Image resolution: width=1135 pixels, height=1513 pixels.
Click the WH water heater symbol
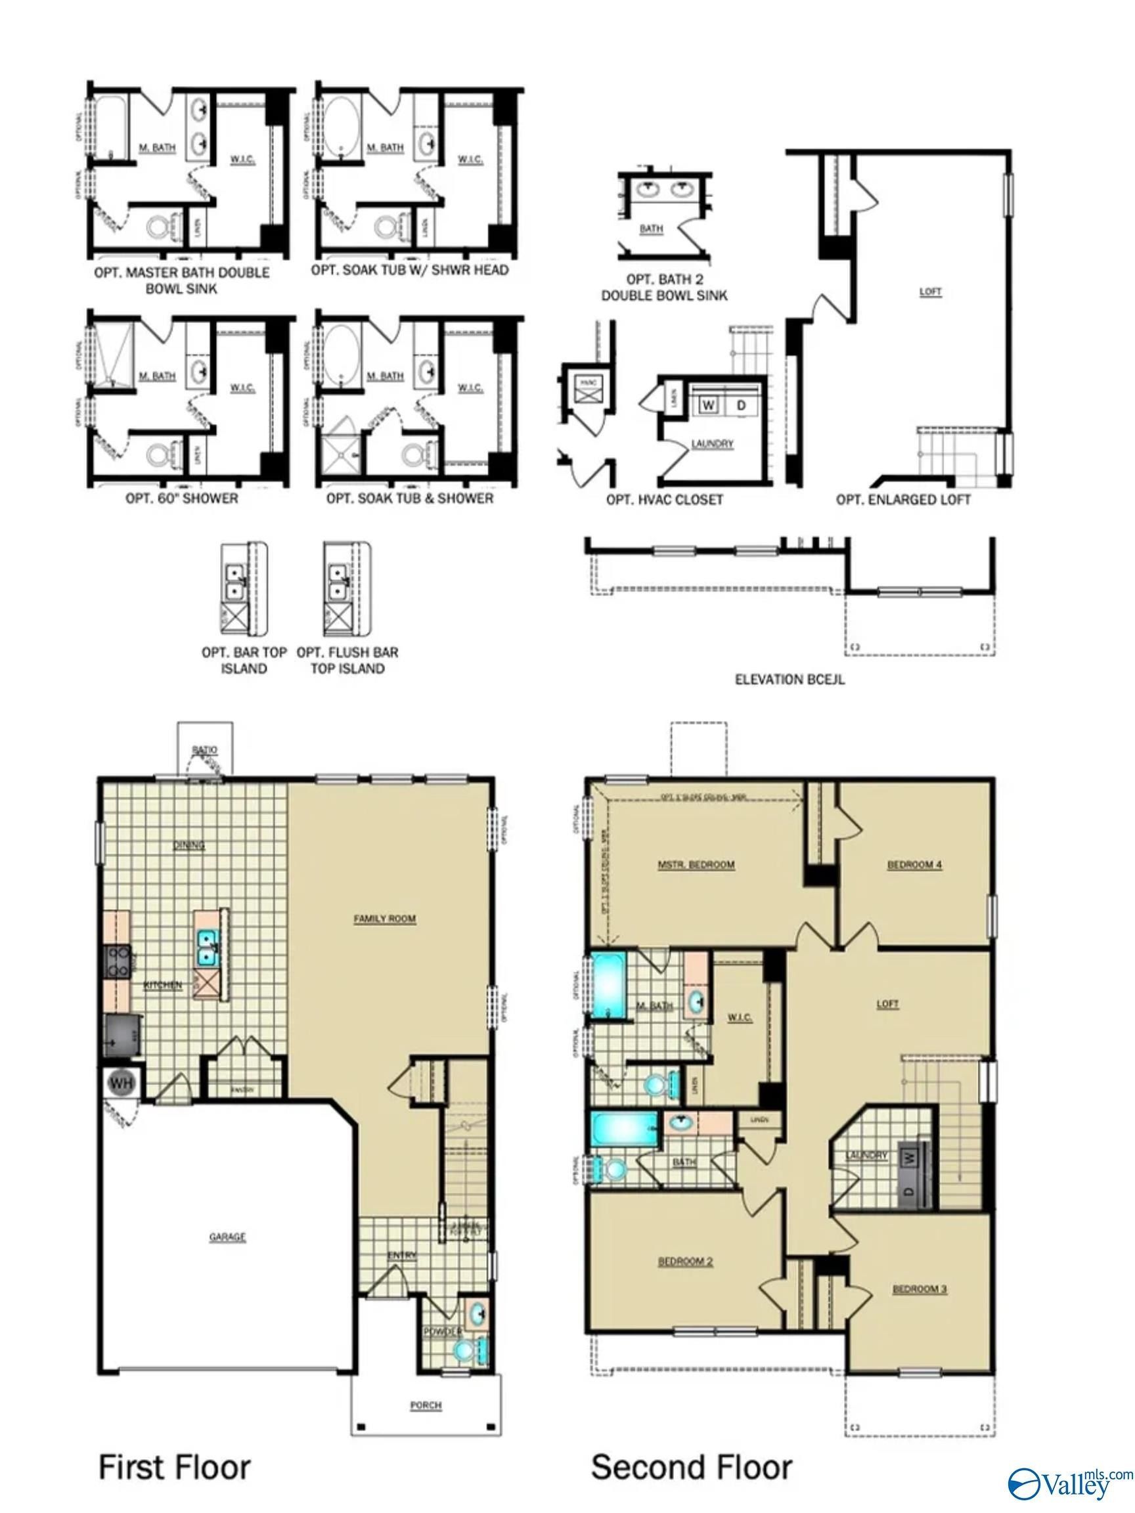[121, 1083]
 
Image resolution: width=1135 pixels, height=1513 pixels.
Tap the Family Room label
[384, 919]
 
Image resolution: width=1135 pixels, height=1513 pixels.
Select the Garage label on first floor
[227, 1237]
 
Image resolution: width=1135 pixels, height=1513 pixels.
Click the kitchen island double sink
[208, 948]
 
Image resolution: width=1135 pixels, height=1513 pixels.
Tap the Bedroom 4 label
[915, 865]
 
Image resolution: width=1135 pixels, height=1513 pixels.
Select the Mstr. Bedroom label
[696, 865]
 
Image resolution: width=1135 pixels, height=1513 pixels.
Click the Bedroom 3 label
[920, 1289]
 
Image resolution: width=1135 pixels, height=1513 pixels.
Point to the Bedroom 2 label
[686, 1261]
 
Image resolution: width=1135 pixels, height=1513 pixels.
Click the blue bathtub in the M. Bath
[608, 986]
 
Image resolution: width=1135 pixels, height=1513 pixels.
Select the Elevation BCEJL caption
[790, 680]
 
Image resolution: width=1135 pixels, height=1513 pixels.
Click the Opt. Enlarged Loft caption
[902, 500]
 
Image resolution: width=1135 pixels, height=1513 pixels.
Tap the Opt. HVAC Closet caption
[663, 500]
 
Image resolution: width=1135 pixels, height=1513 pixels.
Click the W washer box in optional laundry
[709, 406]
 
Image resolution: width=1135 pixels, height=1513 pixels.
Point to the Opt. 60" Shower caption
[182, 498]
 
